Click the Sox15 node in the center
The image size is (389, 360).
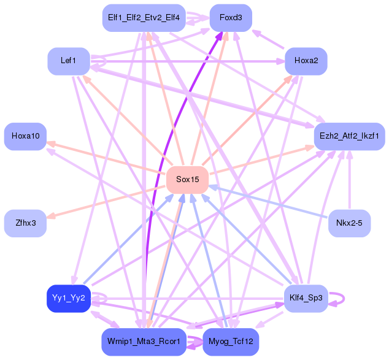187,179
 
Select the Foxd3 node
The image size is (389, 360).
231,18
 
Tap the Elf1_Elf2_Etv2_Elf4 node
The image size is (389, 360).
143,18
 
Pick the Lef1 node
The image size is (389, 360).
69,61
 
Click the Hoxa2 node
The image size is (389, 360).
306,61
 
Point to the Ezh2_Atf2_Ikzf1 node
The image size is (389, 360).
349,135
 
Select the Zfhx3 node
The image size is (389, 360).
25,223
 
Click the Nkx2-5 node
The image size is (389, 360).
349,223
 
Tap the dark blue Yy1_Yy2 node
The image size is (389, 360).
69,298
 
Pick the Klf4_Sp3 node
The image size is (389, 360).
306,298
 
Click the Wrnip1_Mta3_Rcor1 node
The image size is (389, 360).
143,341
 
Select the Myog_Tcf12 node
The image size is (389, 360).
231,341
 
